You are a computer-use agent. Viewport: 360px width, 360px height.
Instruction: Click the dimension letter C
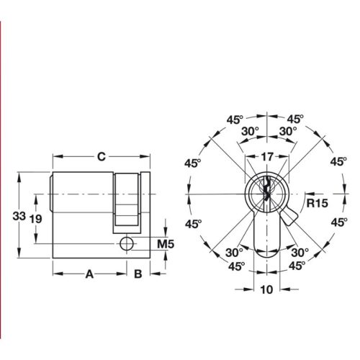click(102, 156)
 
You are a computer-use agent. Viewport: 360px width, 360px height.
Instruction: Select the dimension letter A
click(90, 273)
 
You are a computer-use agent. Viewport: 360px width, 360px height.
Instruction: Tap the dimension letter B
click(137, 273)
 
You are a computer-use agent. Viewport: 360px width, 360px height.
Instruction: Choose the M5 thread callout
click(166, 245)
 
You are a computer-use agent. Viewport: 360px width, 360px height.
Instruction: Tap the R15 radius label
click(317, 203)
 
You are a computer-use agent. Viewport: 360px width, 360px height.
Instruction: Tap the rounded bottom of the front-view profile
click(266, 252)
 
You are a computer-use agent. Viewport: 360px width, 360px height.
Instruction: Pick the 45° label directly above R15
click(338, 162)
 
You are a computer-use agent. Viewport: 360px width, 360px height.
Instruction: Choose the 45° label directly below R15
click(338, 224)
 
